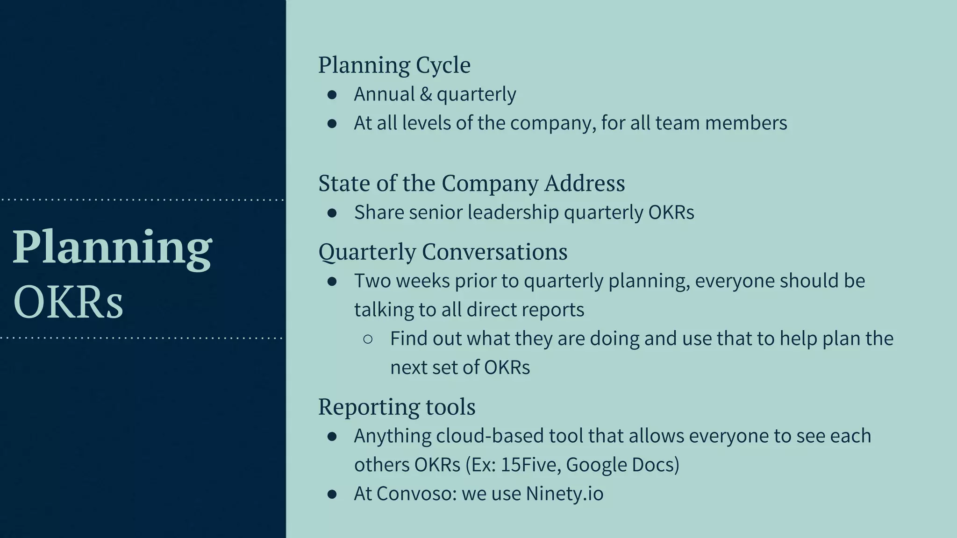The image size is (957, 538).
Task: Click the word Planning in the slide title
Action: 112,248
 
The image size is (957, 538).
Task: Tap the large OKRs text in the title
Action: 68,302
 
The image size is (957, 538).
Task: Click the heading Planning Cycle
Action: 394,65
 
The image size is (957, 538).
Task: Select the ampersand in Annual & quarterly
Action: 425,94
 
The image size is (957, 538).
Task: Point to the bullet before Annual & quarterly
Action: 332,95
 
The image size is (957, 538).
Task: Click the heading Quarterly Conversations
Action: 443,252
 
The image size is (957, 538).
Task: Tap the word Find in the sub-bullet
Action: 408,339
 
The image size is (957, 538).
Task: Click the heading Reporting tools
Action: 397,407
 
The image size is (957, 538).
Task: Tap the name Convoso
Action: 416,494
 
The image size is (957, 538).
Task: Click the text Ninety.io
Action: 564,494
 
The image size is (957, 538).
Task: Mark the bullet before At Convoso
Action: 332,494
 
